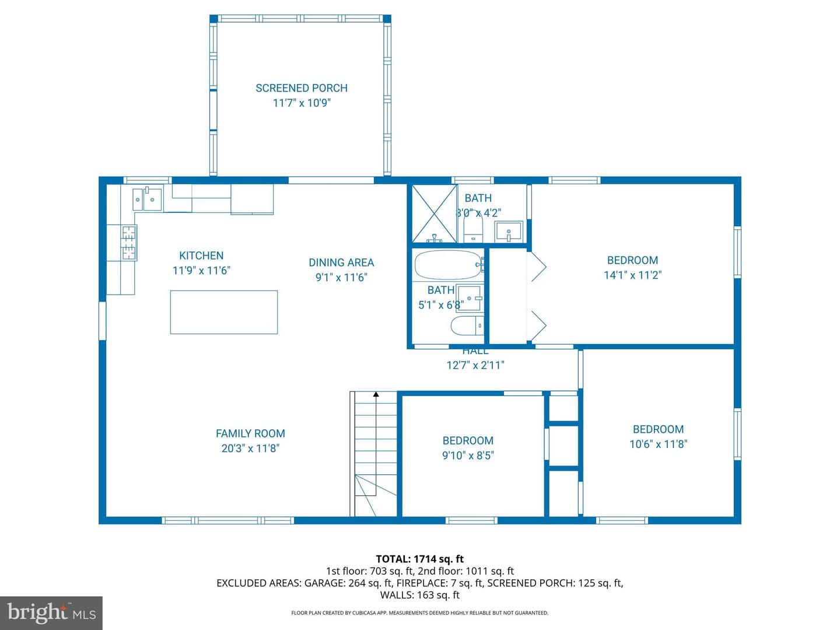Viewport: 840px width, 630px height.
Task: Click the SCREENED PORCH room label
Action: [x=301, y=88]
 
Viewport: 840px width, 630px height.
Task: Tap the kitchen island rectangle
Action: [x=223, y=312]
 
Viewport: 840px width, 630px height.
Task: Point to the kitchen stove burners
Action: [x=129, y=242]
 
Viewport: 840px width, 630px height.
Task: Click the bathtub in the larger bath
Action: [x=448, y=265]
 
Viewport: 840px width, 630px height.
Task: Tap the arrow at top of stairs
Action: [x=376, y=395]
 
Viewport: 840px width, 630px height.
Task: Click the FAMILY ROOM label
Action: [x=250, y=433]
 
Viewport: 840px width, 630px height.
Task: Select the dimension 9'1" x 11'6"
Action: [x=341, y=278]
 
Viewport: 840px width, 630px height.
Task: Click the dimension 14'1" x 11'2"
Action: [x=632, y=275]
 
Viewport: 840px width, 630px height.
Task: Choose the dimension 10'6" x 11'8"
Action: [x=658, y=444]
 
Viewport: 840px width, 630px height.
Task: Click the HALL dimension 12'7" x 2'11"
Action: [x=475, y=365]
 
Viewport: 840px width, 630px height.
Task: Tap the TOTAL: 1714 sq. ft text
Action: [x=419, y=559]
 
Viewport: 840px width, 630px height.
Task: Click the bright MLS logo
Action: [x=51, y=612]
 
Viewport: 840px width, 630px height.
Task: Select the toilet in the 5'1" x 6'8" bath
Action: [x=467, y=325]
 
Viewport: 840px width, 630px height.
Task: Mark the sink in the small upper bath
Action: [x=509, y=232]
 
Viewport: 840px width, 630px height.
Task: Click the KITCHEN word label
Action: [x=201, y=256]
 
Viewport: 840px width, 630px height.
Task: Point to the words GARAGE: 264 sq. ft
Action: [x=348, y=583]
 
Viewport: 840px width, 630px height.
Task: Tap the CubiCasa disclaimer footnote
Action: [x=419, y=613]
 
